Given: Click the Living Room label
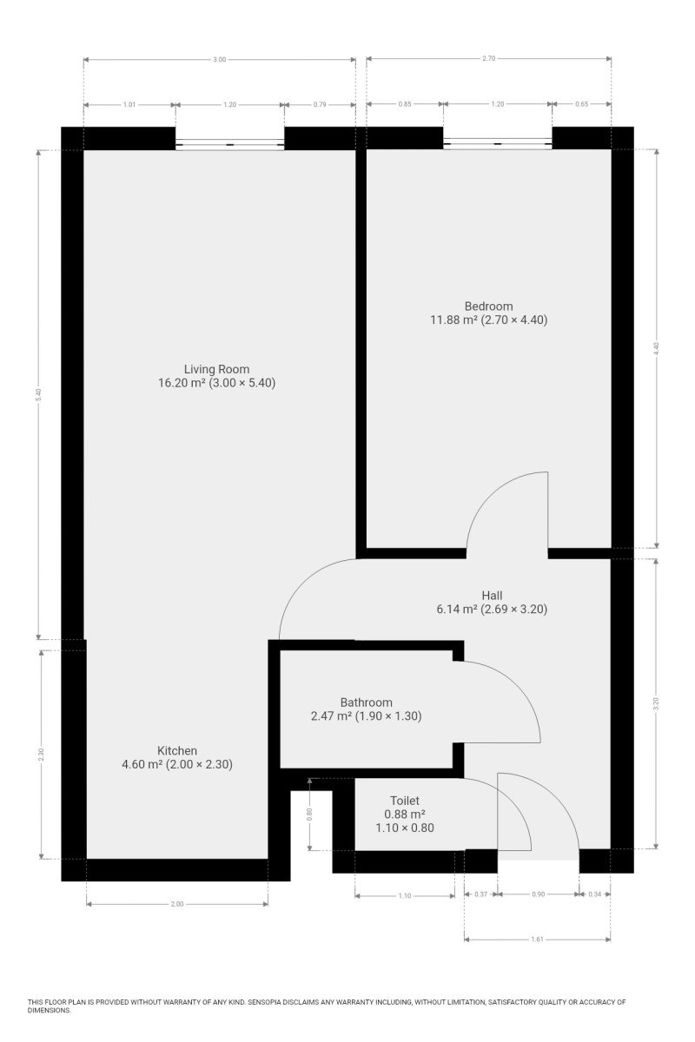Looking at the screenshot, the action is coord(216,369).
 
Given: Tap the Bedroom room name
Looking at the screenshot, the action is coord(489,306).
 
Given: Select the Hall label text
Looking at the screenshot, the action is coord(492,596).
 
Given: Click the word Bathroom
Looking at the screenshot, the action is coord(367,702).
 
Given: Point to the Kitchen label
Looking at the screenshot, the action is coord(177,750).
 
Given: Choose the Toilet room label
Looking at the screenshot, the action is coord(405,801).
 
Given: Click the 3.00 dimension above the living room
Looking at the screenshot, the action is coord(219,60).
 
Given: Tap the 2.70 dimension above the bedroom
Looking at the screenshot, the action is coord(489,59).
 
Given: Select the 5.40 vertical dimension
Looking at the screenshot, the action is coord(38,394).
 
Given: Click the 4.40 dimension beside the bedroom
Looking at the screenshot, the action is coord(657,348).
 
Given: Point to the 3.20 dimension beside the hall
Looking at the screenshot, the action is coord(657,704).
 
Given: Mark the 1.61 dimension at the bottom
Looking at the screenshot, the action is coord(537,940).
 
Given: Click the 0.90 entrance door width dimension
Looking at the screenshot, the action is coord(539,894).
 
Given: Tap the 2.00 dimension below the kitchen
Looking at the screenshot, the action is coord(177,904).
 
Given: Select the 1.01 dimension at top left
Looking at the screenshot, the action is coord(129,105).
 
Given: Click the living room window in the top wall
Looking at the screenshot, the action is coord(230,144).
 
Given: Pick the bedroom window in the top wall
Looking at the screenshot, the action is coord(498,144).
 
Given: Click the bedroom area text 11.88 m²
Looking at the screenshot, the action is coord(453,320).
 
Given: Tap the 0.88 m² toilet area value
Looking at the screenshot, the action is coord(405,814).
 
